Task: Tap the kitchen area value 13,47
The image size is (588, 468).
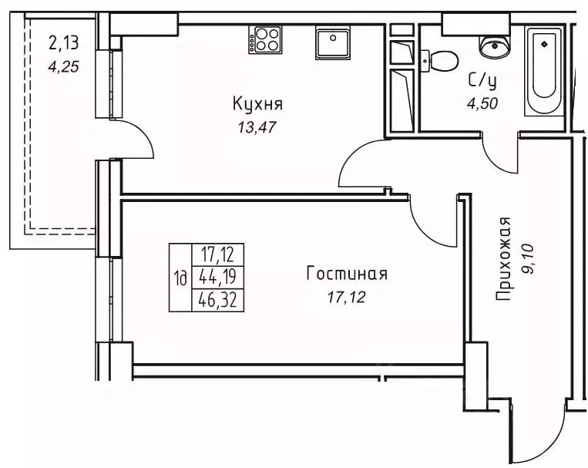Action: pos(257,126)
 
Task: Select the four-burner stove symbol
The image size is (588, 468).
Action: pos(264,40)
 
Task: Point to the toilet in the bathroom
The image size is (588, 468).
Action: pos(442,59)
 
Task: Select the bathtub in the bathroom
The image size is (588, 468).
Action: pos(546,71)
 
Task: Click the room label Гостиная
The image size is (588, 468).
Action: pos(346,274)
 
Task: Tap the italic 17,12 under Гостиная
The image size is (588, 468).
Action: pos(345,295)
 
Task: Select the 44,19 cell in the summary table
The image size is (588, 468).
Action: pos(217,277)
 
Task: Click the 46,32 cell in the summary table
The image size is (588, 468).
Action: pos(217,300)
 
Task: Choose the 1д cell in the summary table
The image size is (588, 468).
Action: pos(180,278)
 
